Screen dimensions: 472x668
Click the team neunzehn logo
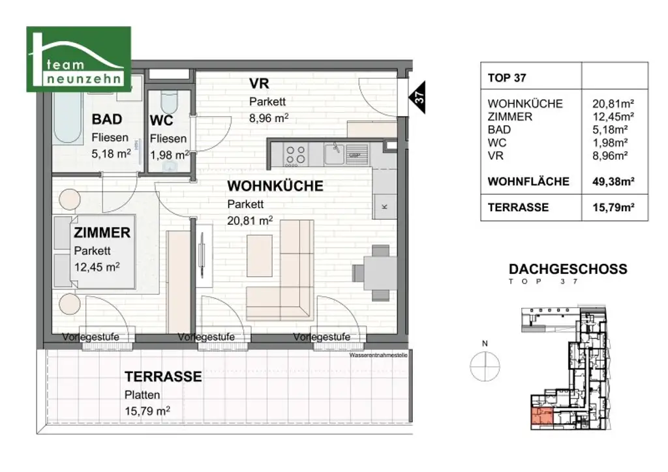(78, 59)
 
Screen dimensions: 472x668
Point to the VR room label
(259, 84)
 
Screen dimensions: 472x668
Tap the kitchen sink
(335, 154)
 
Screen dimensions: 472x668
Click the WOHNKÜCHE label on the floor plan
(275, 186)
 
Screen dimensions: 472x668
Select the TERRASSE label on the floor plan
(163, 377)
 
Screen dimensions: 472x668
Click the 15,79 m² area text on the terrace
(147, 411)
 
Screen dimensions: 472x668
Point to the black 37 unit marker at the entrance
(419, 98)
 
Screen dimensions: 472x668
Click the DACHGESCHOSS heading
(567, 269)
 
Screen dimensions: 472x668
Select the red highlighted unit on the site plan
(541, 418)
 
